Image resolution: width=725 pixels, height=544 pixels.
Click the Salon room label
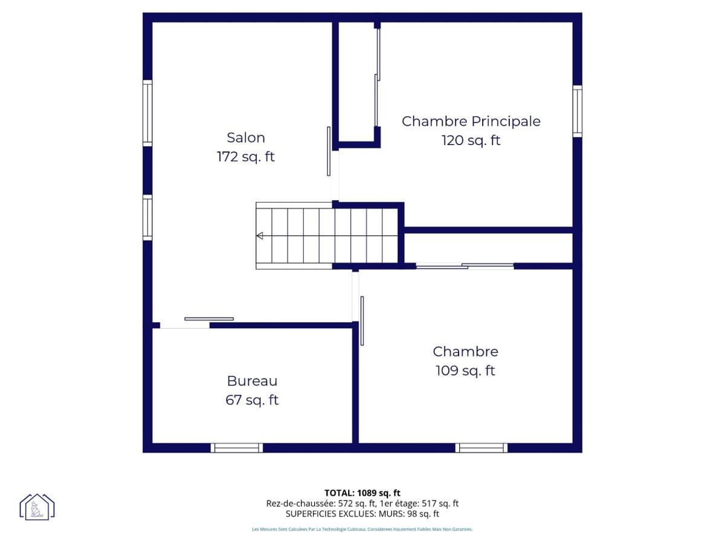tap(246, 138)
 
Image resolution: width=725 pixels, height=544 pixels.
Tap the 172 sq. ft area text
tap(246, 157)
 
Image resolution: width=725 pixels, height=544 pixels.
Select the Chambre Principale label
tap(471, 121)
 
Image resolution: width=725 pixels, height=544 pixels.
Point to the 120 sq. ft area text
tap(471, 140)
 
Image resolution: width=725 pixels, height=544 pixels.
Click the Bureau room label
tap(252, 381)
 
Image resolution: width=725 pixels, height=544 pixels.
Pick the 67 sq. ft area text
tap(252, 400)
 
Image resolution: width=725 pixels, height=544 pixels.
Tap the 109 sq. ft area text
tap(465, 371)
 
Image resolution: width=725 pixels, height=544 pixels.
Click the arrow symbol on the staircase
tap(260, 236)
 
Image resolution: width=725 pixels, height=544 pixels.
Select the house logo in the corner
tap(37, 507)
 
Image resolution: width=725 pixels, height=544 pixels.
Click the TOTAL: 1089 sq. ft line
tap(362, 493)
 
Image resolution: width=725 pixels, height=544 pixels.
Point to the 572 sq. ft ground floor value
tap(357, 504)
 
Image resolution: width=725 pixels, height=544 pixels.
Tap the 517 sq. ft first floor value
tap(440, 504)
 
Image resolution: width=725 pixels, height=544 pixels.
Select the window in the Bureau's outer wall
tap(237, 448)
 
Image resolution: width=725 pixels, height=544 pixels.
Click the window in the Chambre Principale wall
tap(578, 111)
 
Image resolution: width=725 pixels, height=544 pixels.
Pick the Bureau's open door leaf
tap(209, 319)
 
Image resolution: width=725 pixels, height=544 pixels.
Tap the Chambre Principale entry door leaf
tap(329, 151)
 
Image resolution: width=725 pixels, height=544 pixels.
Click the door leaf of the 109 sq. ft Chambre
tap(362, 321)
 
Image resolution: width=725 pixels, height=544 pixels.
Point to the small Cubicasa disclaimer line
tap(362, 529)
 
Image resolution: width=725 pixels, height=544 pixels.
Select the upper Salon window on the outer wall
tap(147, 113)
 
